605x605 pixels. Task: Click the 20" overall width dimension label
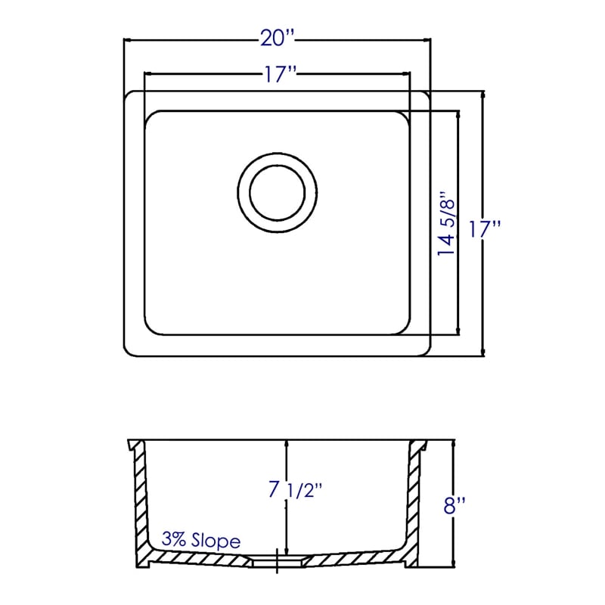(x=278, y=39)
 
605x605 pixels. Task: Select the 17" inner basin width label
(x=280, y=73)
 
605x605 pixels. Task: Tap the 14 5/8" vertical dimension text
(x=446, y=223)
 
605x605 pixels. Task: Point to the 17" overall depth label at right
(x=485, y=229)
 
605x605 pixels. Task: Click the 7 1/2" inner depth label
(x=295, y=491)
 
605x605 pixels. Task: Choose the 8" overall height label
(x=455, y=505)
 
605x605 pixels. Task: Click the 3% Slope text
(x=201, y=540)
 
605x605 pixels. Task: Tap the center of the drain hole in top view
(x=278, y=193)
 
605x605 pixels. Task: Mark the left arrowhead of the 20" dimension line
(x=128, y=39)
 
